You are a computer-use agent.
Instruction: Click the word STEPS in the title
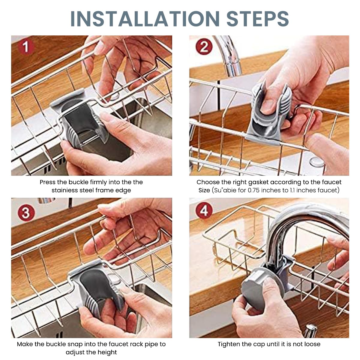[258, 19]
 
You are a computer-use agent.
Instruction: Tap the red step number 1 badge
[26, 47]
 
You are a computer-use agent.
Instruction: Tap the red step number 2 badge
[204, 47]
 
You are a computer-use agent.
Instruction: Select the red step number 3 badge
[26, 213]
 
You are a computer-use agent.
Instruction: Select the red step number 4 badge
[204, 211]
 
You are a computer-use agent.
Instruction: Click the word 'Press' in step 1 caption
[48, 182]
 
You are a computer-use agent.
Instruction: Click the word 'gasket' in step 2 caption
[280, 182]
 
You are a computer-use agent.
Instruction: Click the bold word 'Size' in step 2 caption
[204, 190]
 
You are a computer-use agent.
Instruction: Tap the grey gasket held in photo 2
[268, 111]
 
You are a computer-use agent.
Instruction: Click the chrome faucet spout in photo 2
[229, 57]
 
